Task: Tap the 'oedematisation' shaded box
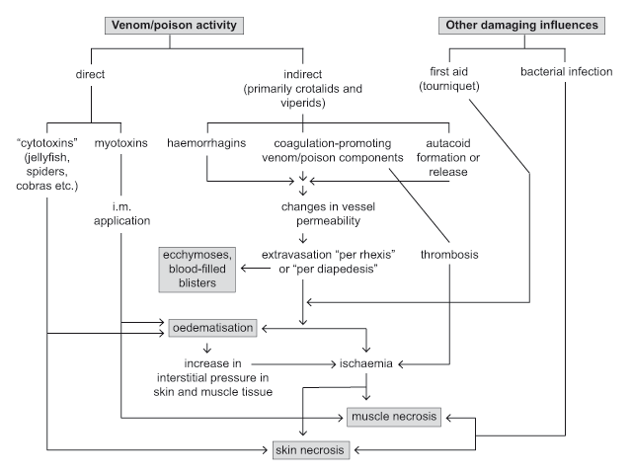click(x=211, y=326)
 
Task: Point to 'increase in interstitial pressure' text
click(x=208, y=376)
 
